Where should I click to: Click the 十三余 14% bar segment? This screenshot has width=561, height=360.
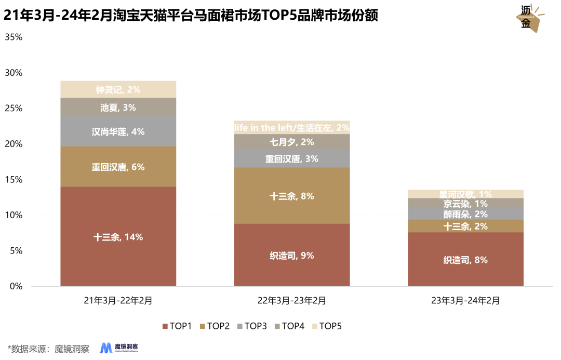pos(118,236)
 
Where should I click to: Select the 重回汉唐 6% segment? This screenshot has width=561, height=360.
pos(118,167)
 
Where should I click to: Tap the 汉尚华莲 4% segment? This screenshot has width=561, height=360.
pos(118,131)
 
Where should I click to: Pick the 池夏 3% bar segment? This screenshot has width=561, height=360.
pos(118,107)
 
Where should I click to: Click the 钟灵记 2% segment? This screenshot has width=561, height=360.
pos(118,89)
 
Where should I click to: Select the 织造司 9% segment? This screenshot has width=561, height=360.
pos(292,255)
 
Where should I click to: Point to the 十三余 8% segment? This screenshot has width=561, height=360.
pos(292,196)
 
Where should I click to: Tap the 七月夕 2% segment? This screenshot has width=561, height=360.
pos(292,142)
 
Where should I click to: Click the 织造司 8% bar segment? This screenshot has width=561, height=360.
pos(465,259)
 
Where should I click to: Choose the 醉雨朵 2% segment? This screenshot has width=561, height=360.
pos(465,214)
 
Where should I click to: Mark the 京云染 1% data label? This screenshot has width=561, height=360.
pos(465,204)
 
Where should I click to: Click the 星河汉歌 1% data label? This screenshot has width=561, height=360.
pos(465,194)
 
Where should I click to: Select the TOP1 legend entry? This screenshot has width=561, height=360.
pos(177,326)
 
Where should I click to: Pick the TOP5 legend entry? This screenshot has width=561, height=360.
pos(326,326)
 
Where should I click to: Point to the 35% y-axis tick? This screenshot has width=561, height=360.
pos(14,37)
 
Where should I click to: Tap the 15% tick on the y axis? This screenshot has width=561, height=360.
pos(14,180)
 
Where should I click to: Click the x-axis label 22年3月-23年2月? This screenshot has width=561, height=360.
pos(292,300)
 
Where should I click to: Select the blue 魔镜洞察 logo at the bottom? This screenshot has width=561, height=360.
pos(123,348)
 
